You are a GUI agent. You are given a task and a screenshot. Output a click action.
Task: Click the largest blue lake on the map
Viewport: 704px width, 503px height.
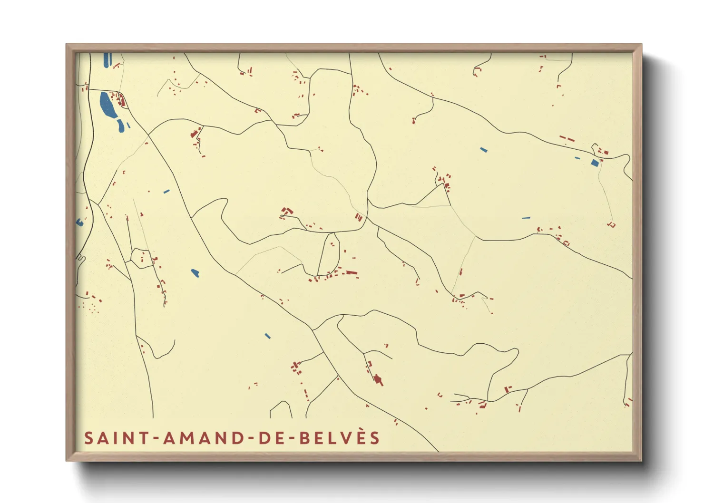(107, 105)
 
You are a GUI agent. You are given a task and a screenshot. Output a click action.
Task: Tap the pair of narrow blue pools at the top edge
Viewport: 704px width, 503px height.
(107, 59)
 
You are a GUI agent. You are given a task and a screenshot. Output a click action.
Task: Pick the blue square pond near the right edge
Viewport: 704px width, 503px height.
(595, 163)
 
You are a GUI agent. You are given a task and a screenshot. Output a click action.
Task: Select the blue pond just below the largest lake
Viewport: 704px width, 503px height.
(121, 126)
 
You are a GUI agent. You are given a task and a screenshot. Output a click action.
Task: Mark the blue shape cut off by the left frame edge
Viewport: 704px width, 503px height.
(79, 222)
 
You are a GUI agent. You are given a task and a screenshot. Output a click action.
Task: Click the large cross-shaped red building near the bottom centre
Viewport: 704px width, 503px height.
(378, 380)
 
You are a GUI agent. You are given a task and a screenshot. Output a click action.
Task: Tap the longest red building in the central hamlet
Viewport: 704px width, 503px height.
(351, 273)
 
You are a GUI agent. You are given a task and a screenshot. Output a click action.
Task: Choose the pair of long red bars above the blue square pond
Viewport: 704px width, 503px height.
(567, 139)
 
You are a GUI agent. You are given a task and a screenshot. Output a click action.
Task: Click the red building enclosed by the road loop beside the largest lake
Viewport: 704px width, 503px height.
(121, 100)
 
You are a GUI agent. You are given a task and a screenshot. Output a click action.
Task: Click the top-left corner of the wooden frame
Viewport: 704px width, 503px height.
(67, 45)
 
